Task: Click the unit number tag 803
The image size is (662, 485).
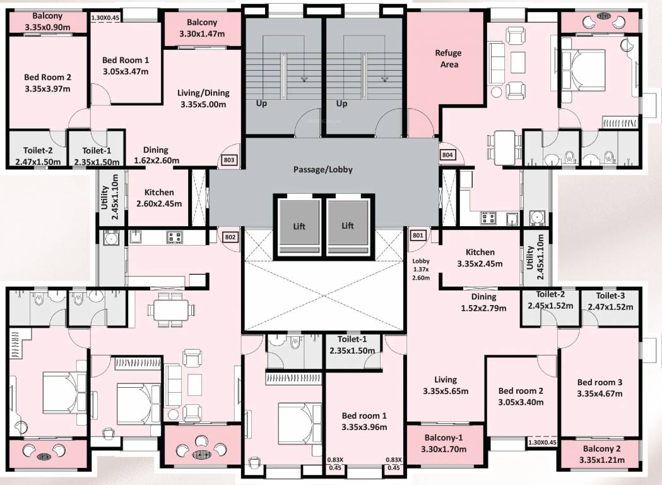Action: pyautogui.click(x=229, y=160)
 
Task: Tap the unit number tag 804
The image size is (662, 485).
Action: pyautogui.click(x=447, y=155)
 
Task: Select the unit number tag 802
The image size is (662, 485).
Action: pyautogui.click(x=230, y=237)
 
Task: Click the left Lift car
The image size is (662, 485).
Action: pyautogui.click(x=299, y=225)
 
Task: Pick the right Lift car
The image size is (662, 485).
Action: pyautogui.click(x=348, y=225)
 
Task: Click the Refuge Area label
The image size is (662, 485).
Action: pyautogui.click(x=448, y=59)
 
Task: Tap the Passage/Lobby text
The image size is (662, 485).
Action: pyautogui.click(x=323, y=169)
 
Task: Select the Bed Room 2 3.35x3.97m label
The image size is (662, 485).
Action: pyautogui.click(x=47, y=83)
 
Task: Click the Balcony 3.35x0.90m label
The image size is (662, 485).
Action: pyautogui.click(x=47, y=21)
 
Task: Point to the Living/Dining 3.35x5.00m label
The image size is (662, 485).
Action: pyautogui.click(x=203, y=99)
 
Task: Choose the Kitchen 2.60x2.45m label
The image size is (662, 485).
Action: pyautogui.click(x=159, y=198)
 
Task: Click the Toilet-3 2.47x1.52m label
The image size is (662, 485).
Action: pyautogui.click(x=610, y=301)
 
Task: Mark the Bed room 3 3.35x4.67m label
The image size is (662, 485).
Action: pyautogui.click(x=600, y=388)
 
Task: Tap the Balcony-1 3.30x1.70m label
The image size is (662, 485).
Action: pyautogui.click(x=445, y=443)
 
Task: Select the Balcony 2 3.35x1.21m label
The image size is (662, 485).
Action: pyautogui.click(x=601, y=454)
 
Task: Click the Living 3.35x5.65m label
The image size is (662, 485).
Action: pyautogui.click(x=446, y=385)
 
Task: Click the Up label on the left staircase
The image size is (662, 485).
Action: pyautogui.click(x=261, y=103)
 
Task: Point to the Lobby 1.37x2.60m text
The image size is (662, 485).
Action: pyautogui.click(x=421, y=269)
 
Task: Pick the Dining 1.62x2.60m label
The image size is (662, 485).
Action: pyautogui.click(x=155, y=155)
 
